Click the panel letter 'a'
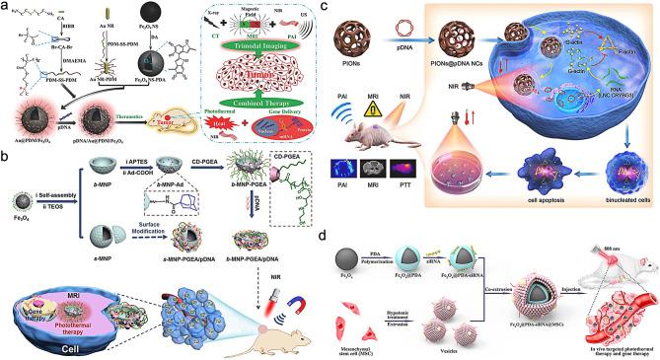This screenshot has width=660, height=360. [6, 8]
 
